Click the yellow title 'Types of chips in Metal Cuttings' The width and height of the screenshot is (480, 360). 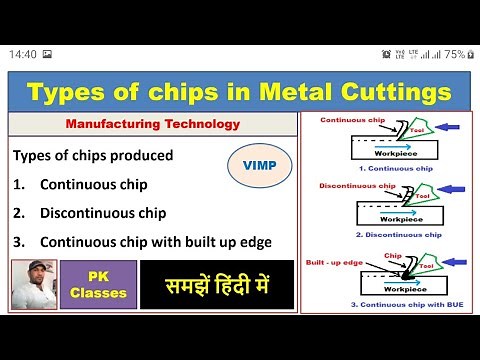(x=240, y=94)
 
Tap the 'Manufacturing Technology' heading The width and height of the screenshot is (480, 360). (x=152, y=125)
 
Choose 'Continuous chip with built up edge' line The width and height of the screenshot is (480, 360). (x=155, y=241)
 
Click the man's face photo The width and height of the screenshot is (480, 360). (x=33, y=284)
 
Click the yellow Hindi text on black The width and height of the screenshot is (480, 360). (x=217, y=284)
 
